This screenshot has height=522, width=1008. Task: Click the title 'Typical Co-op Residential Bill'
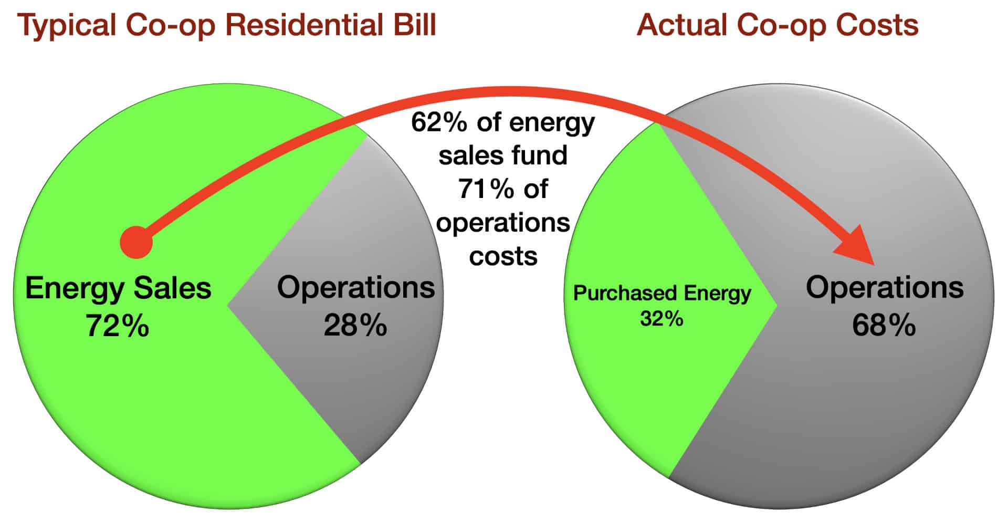[x=227, y=25]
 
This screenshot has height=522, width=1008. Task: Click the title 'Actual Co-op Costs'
[x=778, y=25]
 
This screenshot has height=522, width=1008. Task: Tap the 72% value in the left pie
[x=118, y=326]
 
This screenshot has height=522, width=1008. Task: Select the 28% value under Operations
[x=355, y=326]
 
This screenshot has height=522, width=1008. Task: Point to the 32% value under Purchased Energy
[x=661, y=319]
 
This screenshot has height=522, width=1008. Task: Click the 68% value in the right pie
[x=884, y=326]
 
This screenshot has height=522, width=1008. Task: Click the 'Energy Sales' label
[x=118, y=288]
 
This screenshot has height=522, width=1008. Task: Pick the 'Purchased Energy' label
[x=662, y=293]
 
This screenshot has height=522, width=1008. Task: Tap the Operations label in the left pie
[x=356, y=288]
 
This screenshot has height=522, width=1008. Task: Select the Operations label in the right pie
[x=885, y=288]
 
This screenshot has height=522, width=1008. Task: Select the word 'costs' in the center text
[x=503, y=256]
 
